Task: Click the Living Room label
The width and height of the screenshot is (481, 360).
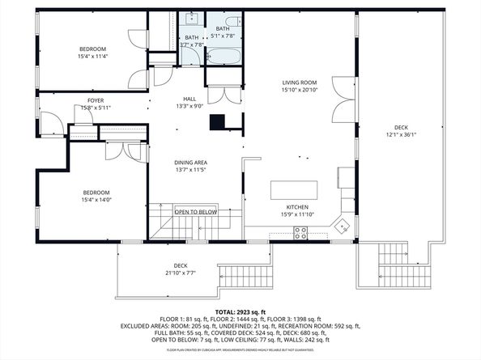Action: pyautogui.click(x=299, y=83)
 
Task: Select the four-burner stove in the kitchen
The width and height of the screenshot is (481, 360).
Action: pyautogui.click(x=300, y=232)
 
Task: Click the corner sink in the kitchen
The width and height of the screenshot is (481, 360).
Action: pyautogui.click(x=343, y=226)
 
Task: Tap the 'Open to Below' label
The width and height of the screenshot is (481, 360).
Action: pyautogui.click(x=195, y=212)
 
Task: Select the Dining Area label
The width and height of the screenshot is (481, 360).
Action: pyautogui.click(x=190, y=163)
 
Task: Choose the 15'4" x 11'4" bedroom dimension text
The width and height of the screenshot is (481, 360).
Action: pyautogui.click(x=92, y=57)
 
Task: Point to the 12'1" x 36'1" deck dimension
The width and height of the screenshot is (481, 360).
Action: pyautogui.click(x=402, y=134)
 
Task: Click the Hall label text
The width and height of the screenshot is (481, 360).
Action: pyautogui.click(x=189, y=99)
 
